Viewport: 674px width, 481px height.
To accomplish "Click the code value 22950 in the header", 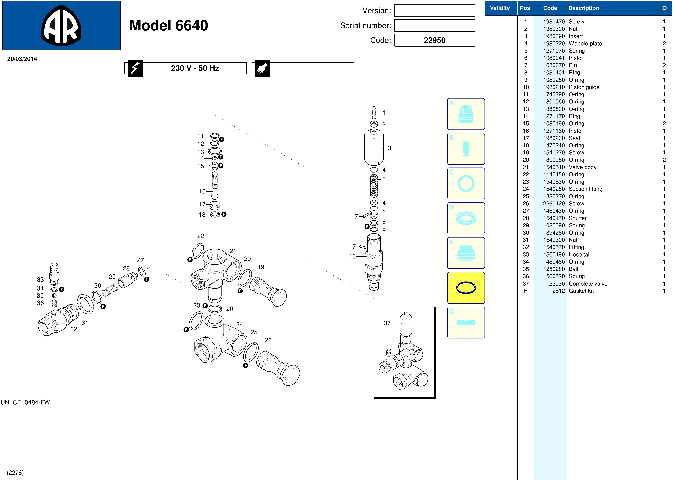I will pyautogui.click(x=434, y=40).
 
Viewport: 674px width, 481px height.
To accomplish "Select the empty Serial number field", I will pyautogui.click(x=434, y=25).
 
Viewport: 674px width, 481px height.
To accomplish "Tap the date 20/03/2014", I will pyautogui.click(x=22, y=59).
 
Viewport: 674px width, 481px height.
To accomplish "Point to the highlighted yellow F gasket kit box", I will pyautogui.click(x=466, y=288).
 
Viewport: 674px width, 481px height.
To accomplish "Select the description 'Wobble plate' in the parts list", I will pyautogui.click(x=585, y=44).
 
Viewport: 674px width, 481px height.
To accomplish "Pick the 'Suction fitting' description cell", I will pyautogui.click(x=585, y=189).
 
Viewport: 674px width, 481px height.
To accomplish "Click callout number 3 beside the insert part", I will pyautogui.click(x=389, y=148).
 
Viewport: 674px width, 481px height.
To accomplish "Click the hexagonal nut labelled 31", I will pyautogui.click(x=85, y=304).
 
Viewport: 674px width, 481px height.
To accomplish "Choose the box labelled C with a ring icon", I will pyautogui.click(x=466, y=183).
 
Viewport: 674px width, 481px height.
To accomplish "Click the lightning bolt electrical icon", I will pyautogui.click(x=135, y=68).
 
